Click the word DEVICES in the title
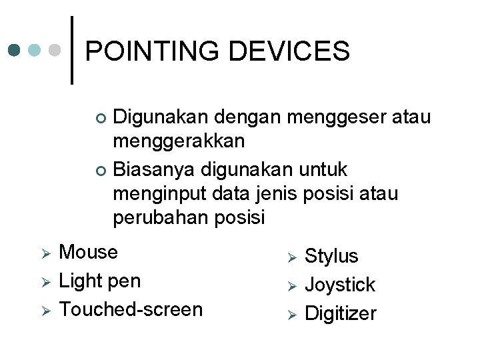[291, 51]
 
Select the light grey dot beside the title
[57, 50]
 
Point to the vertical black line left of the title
[71, 50]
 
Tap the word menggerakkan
[179, 141]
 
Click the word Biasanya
[152, 169]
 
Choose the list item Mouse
[88, 252]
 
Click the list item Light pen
[100, 281]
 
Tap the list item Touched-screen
[131, 309]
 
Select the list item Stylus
[331, 256]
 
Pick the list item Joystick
[340, 285]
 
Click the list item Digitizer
[341, 313]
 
